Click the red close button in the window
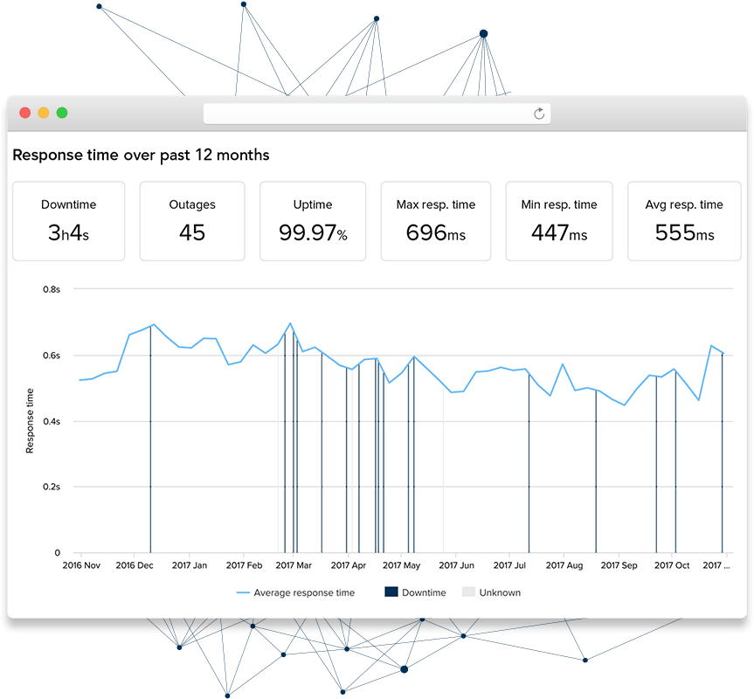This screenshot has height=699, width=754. [25, 113]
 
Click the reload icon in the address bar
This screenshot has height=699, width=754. [539, 114]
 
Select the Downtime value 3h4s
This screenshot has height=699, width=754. [68, 232]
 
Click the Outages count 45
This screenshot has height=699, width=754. [192, 232]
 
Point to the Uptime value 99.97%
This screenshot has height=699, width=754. [313, 232]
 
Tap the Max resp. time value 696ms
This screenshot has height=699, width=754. [436, 232]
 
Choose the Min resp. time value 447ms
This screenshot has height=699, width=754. [559, 232]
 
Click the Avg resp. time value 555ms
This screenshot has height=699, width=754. [684, 232]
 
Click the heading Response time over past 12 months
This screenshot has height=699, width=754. [141, 156]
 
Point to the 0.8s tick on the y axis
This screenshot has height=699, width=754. [52, 289]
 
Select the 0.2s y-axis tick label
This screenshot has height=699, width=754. [52, 487]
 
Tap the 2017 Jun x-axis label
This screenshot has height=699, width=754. [457, 565]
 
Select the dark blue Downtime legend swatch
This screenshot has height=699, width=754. [391, 592]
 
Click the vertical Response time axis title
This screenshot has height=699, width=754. [30, 420]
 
